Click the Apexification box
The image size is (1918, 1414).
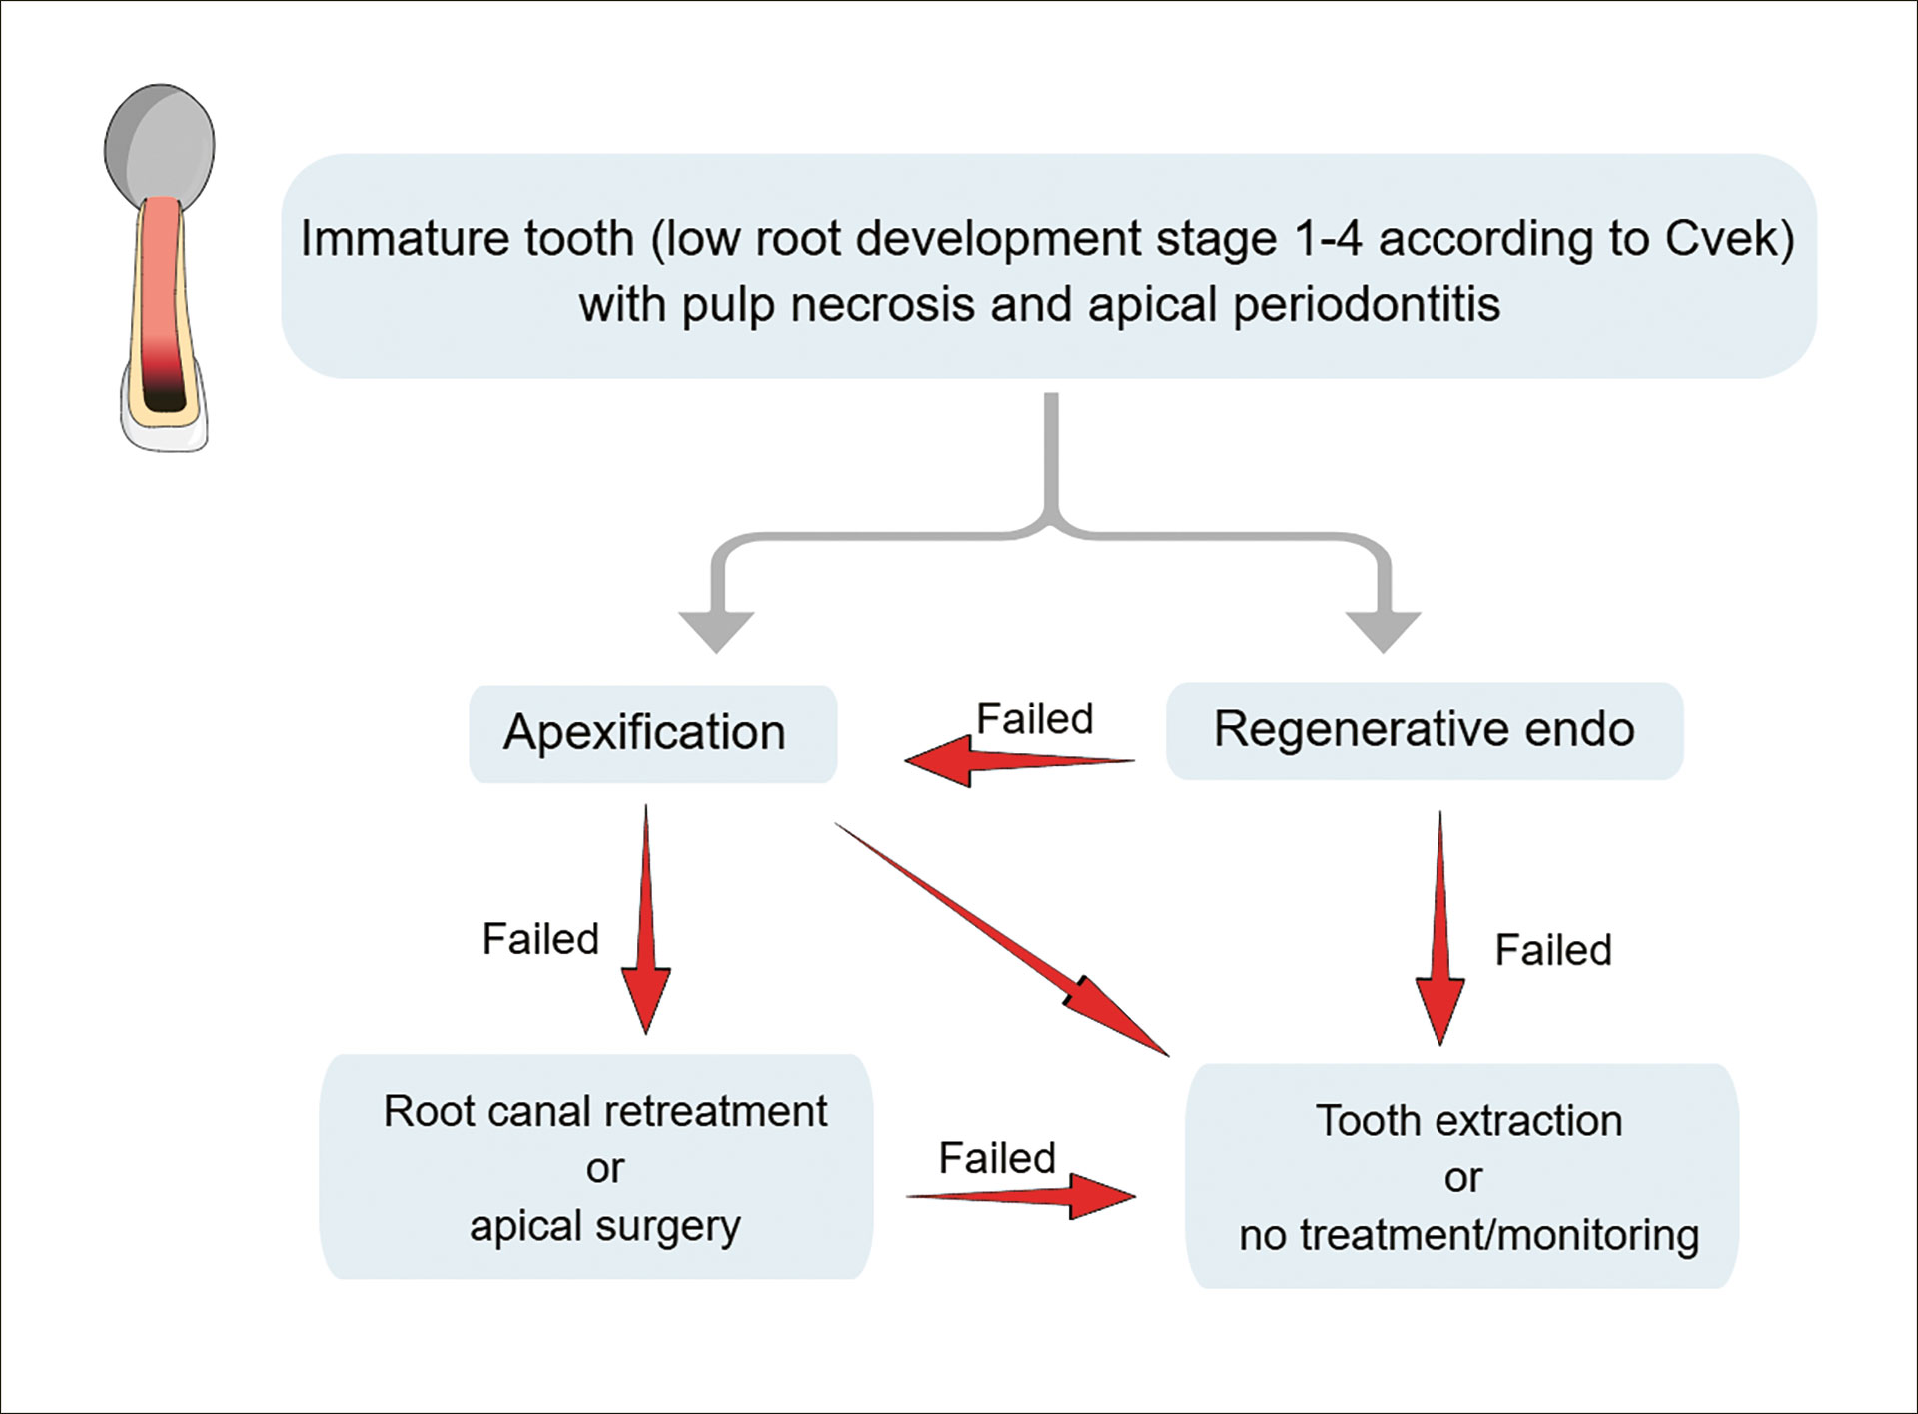[x=652, y=733]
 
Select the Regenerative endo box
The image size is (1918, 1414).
[x=1425, y=730]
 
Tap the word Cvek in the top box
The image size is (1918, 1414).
[x=1729, y=239]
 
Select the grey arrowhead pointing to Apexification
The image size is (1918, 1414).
[x=716, y=631]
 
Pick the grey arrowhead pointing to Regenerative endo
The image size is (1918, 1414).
[x=1383, y=631]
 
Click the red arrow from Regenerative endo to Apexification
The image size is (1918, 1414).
[x=1019, y=761]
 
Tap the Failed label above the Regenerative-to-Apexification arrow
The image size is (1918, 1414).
[x=1034, y=718]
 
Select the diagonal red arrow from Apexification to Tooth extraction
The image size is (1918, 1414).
[x=1002, y=939]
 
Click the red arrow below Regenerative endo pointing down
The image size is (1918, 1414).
[x=1439, y=928]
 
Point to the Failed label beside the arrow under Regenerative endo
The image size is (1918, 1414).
[x=1553, y=950]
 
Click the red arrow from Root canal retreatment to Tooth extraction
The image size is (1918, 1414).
[x=1021, y=1196]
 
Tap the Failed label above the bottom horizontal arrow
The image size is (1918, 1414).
[x=997, y=1158]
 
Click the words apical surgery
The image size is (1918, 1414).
[x=605, y=1227]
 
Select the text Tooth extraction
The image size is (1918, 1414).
[x=1468, y=1121]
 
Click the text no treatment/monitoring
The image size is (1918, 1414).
[x=1469, y=1236]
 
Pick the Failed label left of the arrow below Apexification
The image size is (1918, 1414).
[x=540, y=939]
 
